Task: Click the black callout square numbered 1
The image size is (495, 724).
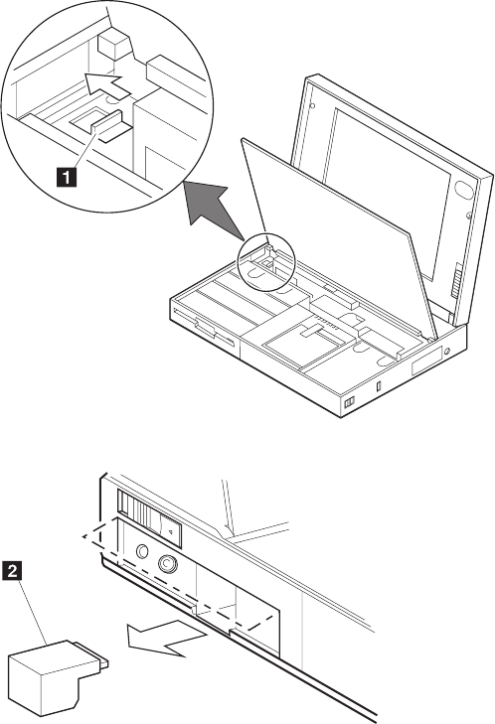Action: point(67,178)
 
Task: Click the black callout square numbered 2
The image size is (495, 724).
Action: point(13,570)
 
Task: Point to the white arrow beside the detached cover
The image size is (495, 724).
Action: point(167,637)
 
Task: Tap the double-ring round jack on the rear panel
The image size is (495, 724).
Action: point(167,563)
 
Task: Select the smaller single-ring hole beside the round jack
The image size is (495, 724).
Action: point(143,551)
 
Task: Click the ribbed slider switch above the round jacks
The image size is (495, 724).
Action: point(138,509)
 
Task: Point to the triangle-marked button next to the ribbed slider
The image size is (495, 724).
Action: point(170,531)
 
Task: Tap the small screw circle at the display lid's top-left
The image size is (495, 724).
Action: point(313,105)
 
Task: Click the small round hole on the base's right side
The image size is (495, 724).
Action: point(446,352)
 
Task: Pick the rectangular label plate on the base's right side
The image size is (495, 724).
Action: point(426,362)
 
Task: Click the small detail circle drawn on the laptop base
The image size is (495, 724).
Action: point(265,262)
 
